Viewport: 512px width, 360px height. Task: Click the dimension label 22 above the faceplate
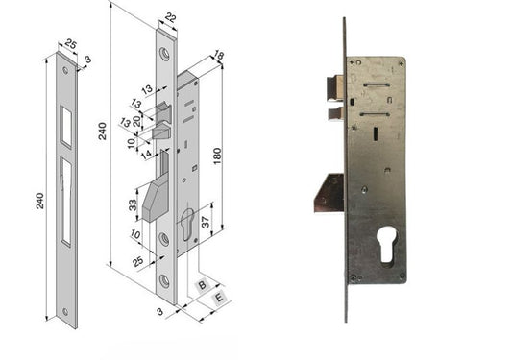point(170,17)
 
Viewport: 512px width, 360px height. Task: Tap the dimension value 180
point(217,156)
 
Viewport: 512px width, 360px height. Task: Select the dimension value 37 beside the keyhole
point(205,222)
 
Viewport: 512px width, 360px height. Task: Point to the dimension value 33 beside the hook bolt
point(133,205)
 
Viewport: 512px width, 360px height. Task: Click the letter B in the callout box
point(203,285)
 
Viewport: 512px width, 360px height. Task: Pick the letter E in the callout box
point(219,298)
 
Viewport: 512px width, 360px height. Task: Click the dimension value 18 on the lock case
point(218,56)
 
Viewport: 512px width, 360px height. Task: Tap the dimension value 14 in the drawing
point(146,154)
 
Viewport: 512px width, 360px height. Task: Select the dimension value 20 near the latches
point(136,121)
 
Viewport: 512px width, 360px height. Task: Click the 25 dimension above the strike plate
point(71,43)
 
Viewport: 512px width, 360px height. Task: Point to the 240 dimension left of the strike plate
point(39,201)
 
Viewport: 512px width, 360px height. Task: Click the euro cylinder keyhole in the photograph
point(387,245)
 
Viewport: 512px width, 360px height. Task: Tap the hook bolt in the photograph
point(329,193)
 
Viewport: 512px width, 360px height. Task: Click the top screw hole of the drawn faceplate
point(164,54)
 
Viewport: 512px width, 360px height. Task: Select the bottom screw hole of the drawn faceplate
point(164,281)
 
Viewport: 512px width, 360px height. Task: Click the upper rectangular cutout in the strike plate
point(65,127)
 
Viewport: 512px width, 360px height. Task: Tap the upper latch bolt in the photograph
point(335,87)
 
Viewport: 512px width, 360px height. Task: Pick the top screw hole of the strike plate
point(65,70)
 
